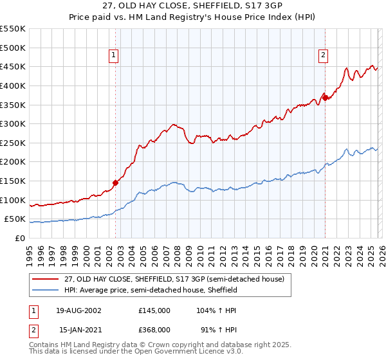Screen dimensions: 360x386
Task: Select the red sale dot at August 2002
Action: coord(116,183)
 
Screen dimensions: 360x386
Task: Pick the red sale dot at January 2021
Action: coord(325,98)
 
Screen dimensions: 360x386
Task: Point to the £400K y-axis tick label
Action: coord(12,85)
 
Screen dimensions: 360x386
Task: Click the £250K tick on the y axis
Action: coord(12,143)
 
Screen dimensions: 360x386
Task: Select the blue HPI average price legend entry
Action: coord(151,291)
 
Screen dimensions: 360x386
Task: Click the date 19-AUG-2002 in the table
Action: coord(79,310)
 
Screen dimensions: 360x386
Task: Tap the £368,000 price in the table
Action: coord(154,329)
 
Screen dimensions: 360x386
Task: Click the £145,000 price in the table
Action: coord(154,310)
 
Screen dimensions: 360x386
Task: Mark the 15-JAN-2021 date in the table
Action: coord(79,329)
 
